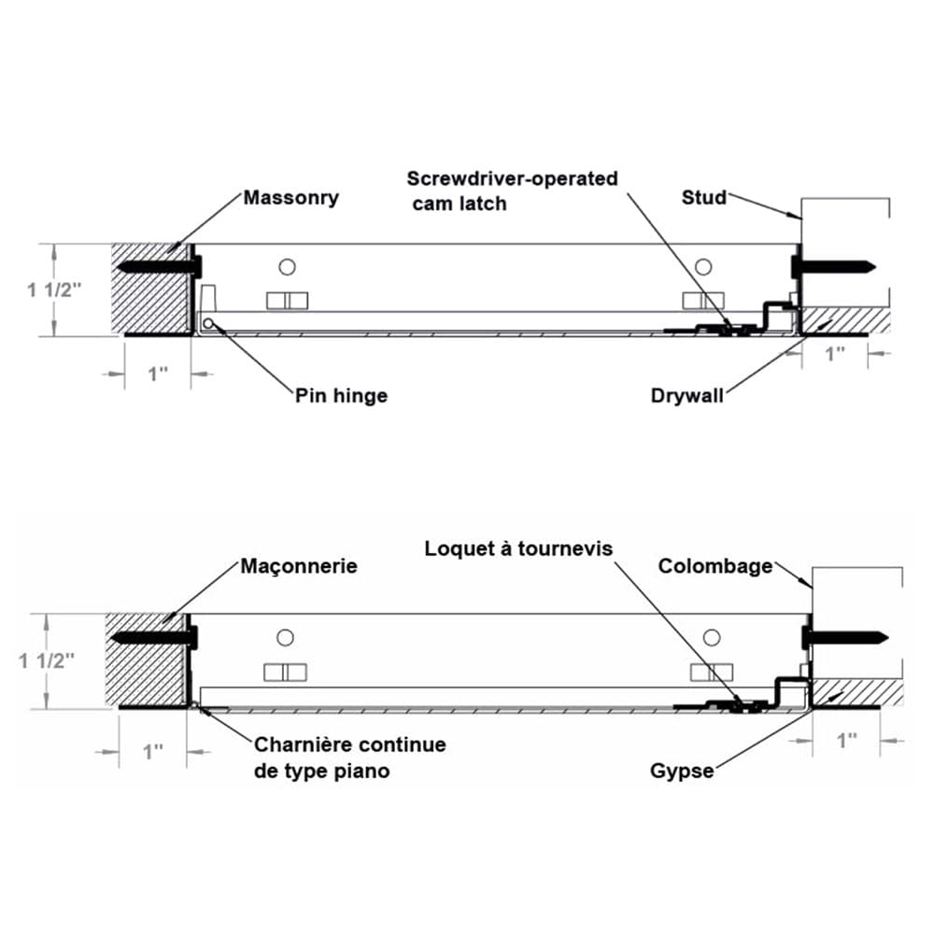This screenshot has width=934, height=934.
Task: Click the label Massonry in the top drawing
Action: pyautogui.click(x=290, y=198)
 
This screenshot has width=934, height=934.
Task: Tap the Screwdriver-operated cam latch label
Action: pyautogui.click(x=512, y=190)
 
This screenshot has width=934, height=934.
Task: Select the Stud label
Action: pyautogui.click(x=703, y=197)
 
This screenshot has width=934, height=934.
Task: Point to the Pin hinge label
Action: pyautogui.click(x=341, y=396)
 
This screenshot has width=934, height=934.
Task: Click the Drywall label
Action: pyautogui.click(x=687, y=396)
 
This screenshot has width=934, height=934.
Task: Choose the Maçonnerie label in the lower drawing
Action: pyautogui.click(x=299, y=567)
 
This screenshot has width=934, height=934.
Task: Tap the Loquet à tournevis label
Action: pyautogui.click(x=518, y=548)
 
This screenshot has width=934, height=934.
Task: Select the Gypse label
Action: pyautogui.click(x=682, y=771)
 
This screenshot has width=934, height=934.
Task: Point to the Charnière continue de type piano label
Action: pyautogui.click(x=349, y=757)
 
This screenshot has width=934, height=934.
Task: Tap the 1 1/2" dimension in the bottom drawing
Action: pyautogui.click(x=46, y=661)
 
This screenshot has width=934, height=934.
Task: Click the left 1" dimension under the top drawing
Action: pyautogui.click(x=158, y=374)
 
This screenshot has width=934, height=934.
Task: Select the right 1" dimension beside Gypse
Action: pyautogui.click(x=846, y=741)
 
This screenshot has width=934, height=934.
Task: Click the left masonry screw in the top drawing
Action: pyautogui.click(x=159, y=266)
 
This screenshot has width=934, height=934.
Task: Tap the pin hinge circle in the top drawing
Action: pyautogui.click(x=207, y=324)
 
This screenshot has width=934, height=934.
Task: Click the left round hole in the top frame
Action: pyautogui.click(x=288, y=267)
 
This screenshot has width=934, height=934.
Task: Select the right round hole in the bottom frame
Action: pyautogui.click(x=712, y=637)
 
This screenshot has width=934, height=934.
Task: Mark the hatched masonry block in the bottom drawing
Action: pyautogui.click(x=148, y=659)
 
